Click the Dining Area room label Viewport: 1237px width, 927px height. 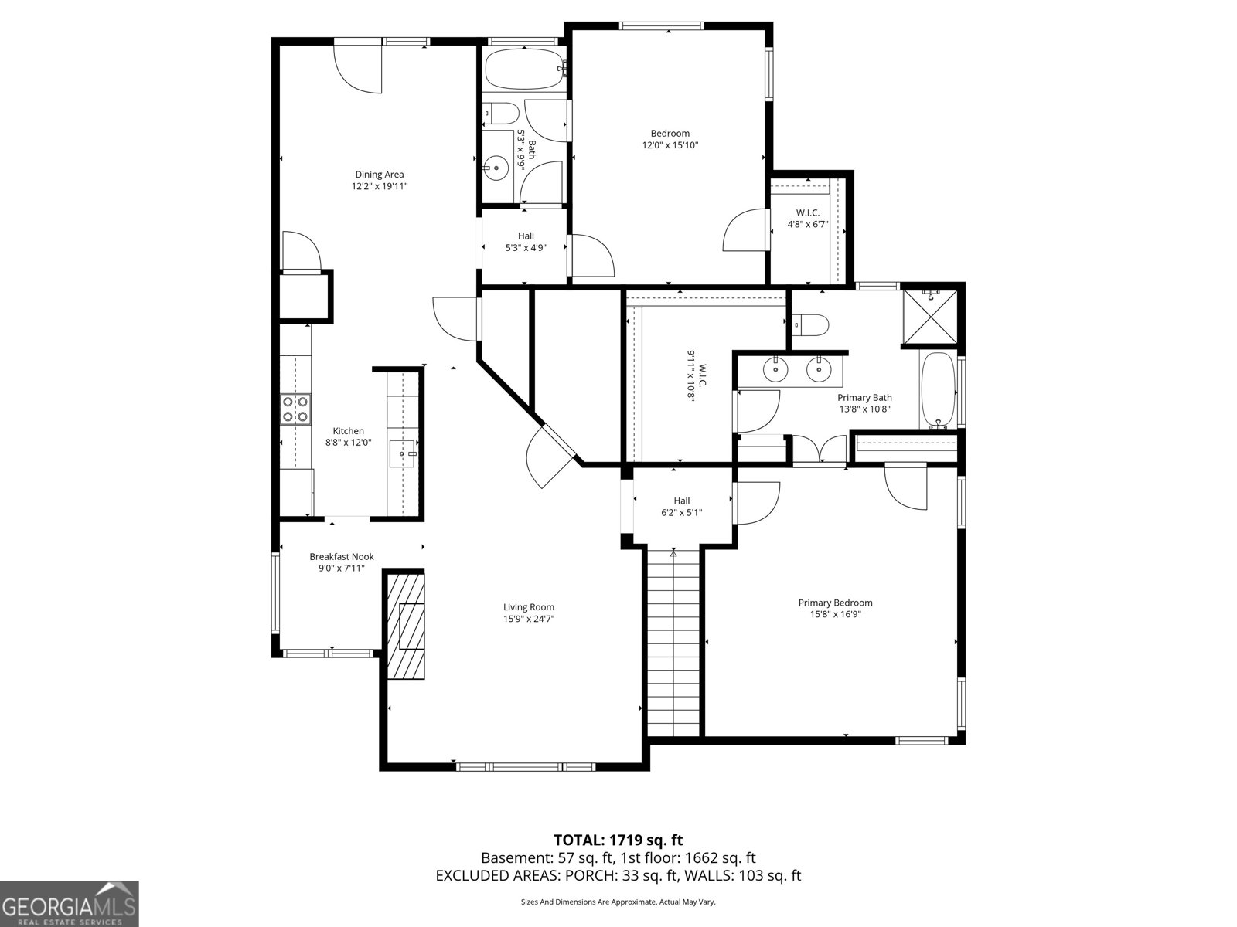coord(379,175)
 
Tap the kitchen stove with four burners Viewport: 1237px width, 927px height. coord(295,409)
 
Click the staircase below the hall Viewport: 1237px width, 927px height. coord(673,641)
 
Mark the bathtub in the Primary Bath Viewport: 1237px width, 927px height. coord(938,390)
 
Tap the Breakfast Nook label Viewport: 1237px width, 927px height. coord(341,556)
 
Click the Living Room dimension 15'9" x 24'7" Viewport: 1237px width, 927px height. coord(529,619)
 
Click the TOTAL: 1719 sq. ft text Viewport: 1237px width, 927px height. coord(618,840)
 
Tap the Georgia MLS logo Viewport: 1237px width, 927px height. coord(70,903)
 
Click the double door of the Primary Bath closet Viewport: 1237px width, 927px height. coord(820,450)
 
